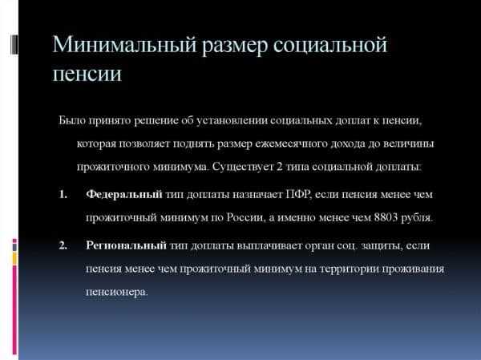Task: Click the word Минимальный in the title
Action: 124,46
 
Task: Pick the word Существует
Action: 243,167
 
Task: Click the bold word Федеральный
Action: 124,194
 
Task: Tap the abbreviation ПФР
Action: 298,194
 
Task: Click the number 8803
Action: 386,217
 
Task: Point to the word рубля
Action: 417,217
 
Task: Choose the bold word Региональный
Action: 127,245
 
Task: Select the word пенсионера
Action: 116,292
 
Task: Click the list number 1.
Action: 63,194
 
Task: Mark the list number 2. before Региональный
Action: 63,245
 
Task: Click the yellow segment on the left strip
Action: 14,258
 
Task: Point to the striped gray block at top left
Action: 14,45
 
